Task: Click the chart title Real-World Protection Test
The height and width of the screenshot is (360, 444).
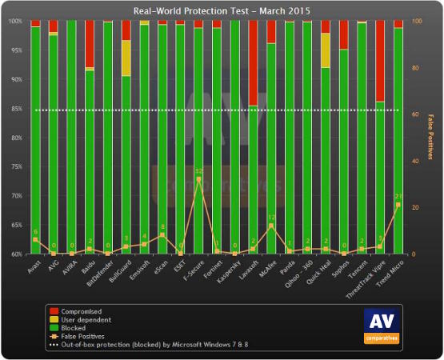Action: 222,10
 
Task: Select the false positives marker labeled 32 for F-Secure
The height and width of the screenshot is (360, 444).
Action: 199,179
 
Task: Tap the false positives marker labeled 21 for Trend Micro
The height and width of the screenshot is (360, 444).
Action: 398,205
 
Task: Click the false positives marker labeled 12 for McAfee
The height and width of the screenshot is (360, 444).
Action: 271,226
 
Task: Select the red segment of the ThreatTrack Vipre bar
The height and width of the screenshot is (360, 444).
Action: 380,61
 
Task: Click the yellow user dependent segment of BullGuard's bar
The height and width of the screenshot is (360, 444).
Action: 126,58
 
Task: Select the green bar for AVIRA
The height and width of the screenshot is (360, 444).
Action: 72,136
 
